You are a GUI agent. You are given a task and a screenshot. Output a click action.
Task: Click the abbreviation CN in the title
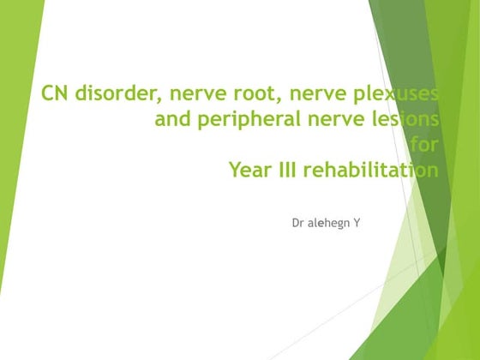[55, 93]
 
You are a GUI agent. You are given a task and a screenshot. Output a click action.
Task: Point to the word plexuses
[395, 94]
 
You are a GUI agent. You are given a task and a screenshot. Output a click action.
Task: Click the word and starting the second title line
[172, 119]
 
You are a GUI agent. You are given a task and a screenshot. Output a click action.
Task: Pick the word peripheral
[249, 119]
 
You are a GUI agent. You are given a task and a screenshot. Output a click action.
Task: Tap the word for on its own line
[424, 144]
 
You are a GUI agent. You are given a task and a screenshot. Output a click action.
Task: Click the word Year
[250, 170]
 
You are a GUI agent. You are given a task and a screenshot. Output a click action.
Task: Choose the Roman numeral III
[288, 170]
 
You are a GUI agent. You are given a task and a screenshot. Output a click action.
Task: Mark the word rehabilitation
[371, 169]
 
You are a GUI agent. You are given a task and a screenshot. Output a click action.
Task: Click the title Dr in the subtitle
[298, 223]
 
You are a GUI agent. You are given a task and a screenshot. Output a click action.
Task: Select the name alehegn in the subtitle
[328, 224]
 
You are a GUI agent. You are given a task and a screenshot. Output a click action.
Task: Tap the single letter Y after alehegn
[357, 223]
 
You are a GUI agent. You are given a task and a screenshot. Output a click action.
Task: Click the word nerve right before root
[198, 93]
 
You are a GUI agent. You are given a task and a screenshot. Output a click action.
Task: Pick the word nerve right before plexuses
[317, 93]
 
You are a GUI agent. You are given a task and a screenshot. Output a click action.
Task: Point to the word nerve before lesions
[336, 119]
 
